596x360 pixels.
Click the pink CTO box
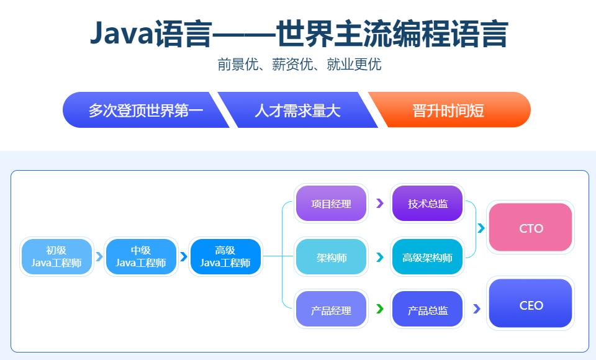click(530, 228)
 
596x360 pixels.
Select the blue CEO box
click(530, 304)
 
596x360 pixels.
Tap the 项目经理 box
click(331, 204)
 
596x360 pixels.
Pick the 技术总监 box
click(428, 204)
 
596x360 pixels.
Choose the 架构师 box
click(331, 257)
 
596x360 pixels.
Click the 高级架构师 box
click(428, 257)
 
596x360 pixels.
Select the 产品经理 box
click(331, 310)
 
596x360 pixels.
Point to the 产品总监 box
click(428, 310)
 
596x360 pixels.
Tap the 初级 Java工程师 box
click(56, 257)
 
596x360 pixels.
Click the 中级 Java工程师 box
click(141, 257)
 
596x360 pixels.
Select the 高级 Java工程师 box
click(225, 257)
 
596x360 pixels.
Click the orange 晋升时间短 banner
click(448, 110)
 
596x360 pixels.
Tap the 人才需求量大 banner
click(297, 110)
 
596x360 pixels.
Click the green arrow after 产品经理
click(380, 308)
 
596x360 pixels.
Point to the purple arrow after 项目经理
click(380, 203)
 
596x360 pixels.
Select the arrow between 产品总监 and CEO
click(477, 308)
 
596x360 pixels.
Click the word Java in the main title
click(121, 34)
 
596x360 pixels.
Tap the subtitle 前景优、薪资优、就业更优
click(299, 65)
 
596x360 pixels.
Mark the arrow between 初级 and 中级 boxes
click(99, 257)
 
